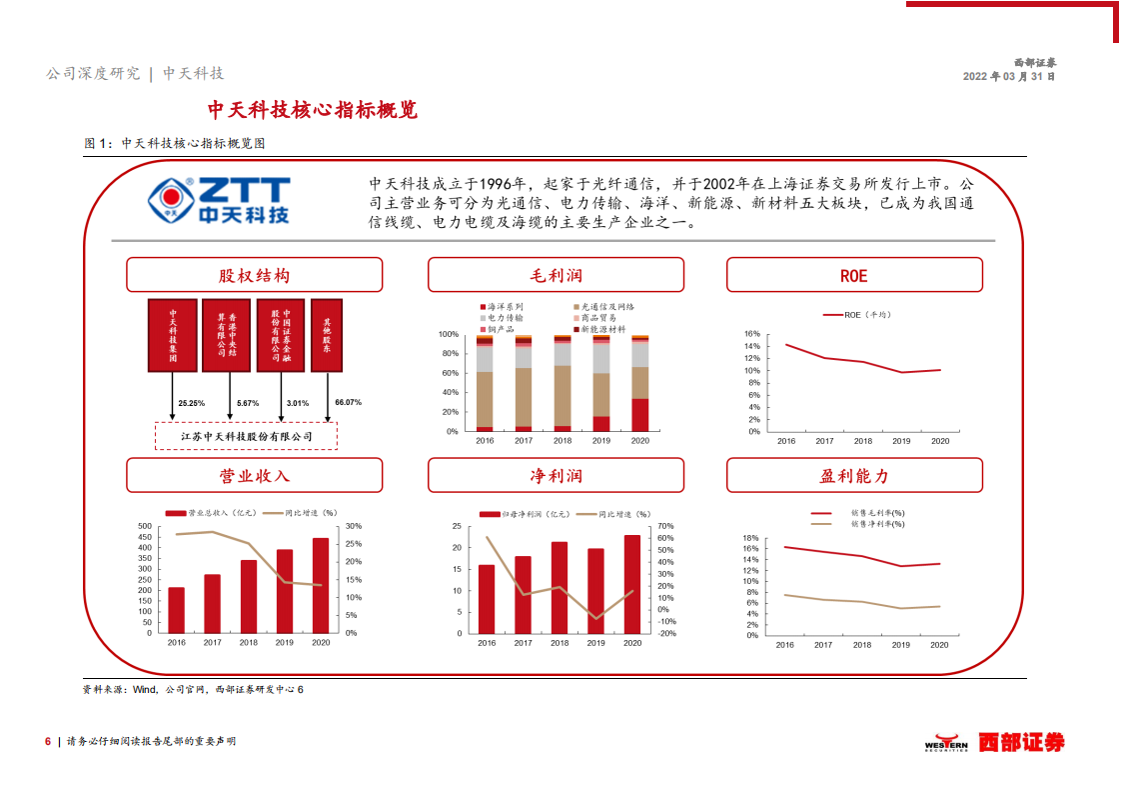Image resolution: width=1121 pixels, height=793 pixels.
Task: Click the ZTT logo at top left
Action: tap(219, 199)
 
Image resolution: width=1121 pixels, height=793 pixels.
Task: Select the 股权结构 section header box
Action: tap(254, 275)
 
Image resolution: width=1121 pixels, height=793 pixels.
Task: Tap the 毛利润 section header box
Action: tap(556, 275)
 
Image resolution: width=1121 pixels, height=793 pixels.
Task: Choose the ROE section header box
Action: tap(854, 275)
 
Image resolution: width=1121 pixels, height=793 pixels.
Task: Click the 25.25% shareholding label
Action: tap(191, 403)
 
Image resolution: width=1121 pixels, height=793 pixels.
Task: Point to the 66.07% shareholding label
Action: tap(349, 402)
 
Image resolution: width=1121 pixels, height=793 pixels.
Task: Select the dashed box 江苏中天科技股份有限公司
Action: tap(246, 436)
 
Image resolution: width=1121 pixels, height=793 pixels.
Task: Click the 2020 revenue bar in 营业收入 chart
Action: tap(321, 585)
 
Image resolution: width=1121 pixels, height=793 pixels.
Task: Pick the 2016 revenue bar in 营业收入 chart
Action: tap(176, 610)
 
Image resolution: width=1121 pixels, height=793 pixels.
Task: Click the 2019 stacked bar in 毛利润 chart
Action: tap(601, 385)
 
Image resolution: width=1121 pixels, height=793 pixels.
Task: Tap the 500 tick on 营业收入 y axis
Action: tap(144, 526)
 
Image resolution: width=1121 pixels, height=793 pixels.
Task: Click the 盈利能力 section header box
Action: tap(854, 476)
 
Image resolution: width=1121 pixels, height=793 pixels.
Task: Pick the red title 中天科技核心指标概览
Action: tap(312, 110)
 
